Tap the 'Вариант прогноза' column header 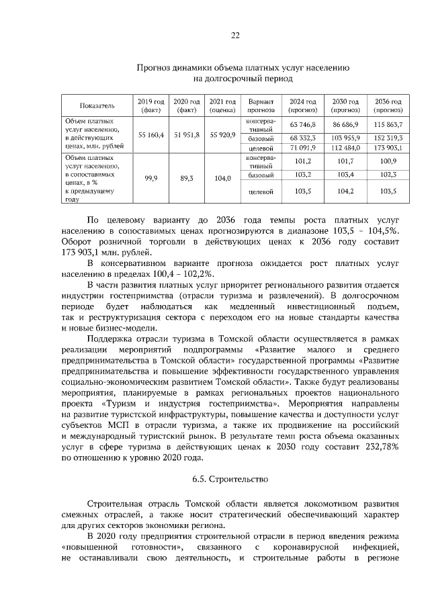click(x=261, y=105)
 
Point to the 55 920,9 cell click(x=222, y=135)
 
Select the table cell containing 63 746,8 click(x=302, y=125)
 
